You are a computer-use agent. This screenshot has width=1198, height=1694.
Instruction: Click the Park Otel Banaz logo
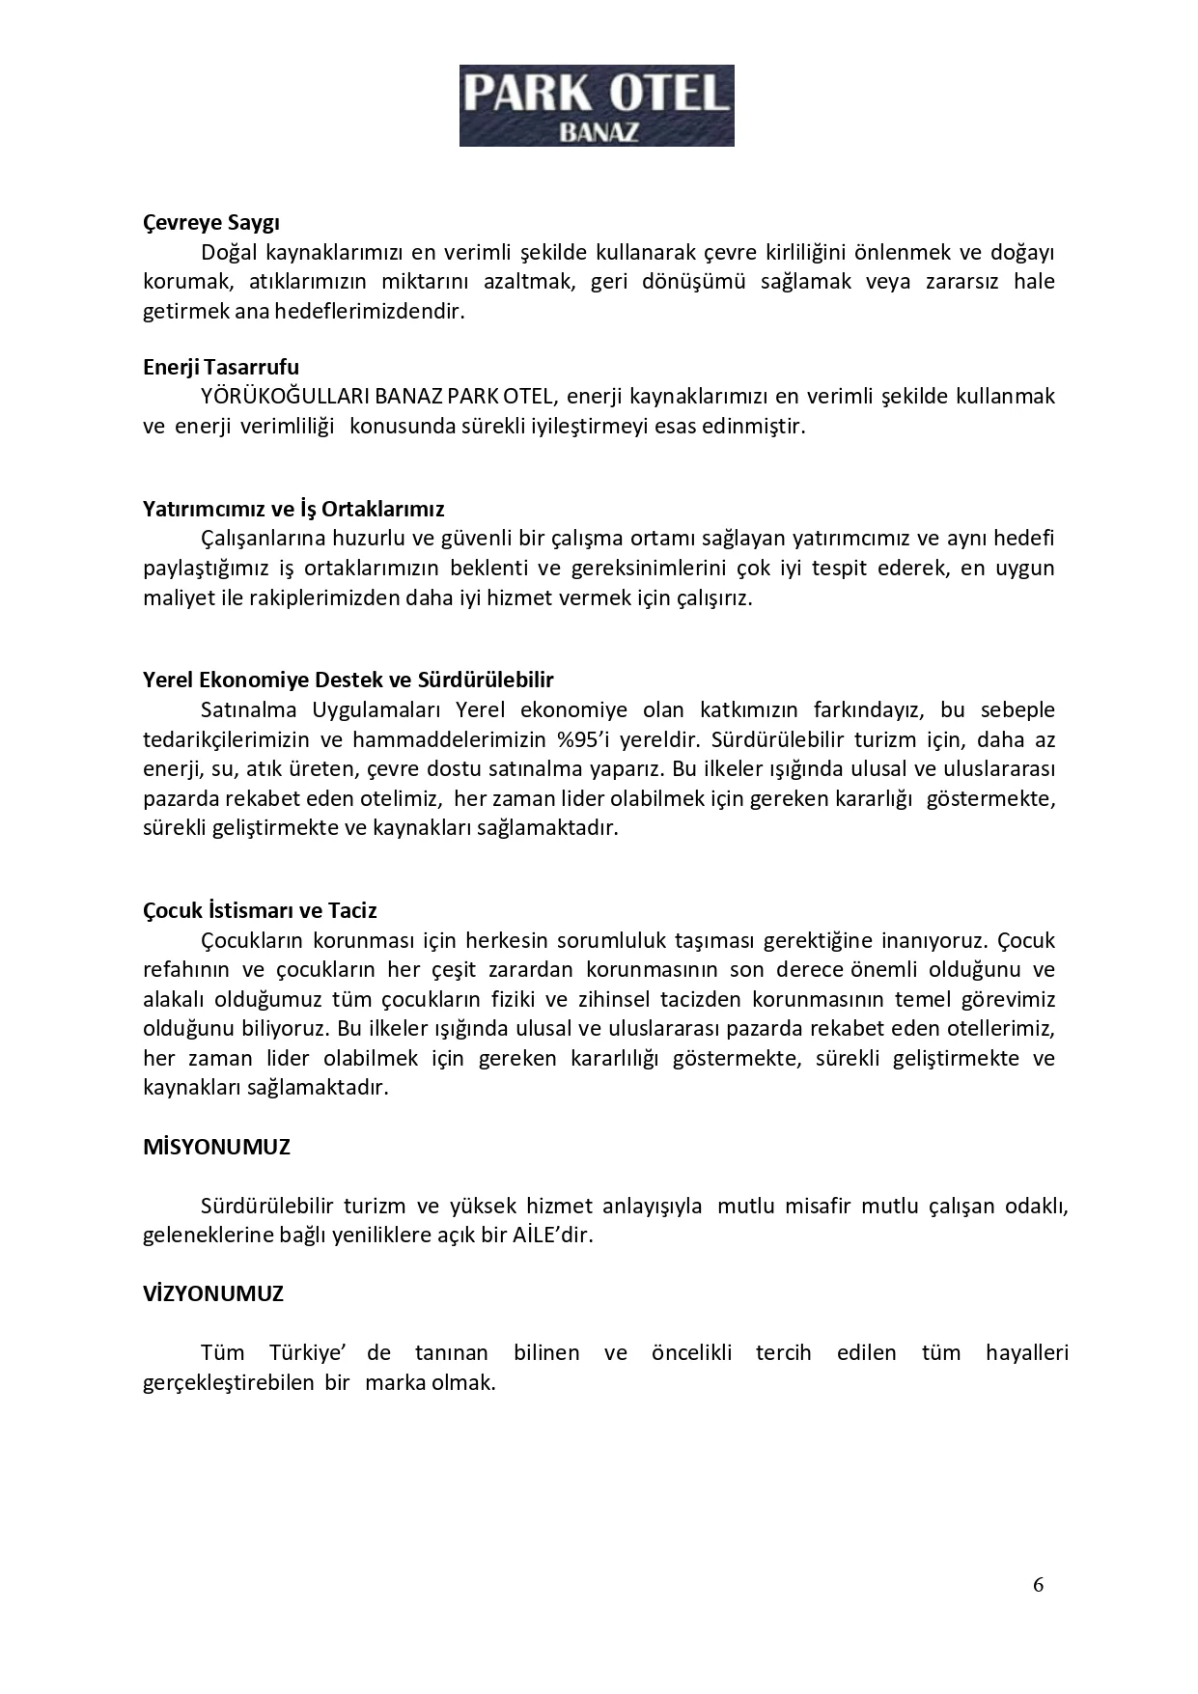point(596,105)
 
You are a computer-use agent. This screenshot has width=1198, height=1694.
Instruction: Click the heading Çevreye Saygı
point(211,223)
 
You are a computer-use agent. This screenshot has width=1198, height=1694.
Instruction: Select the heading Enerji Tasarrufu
point(221,367)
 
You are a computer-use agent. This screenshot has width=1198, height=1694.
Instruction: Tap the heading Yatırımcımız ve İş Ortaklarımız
point(293,509)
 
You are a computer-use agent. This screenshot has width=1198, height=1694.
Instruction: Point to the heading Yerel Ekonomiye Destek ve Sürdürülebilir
point(348,680)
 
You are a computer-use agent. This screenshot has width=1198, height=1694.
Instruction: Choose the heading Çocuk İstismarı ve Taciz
point(260,910)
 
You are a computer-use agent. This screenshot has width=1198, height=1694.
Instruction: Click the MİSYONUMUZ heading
point(216,1147)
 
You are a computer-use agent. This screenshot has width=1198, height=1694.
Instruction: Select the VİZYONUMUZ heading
point(213,1293)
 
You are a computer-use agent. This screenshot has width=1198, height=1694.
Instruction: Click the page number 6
point(1038,1584)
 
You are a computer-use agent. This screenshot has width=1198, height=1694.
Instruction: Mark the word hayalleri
point(1027,1353)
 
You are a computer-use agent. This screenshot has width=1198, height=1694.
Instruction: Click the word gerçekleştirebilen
point(229,1382)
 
